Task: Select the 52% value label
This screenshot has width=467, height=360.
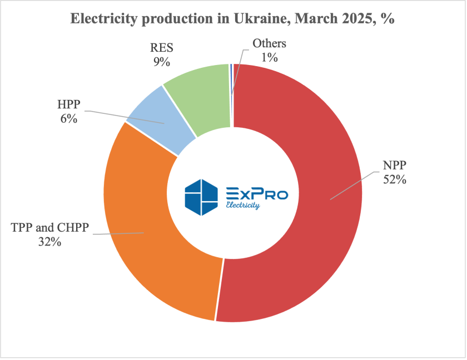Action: pos(395,179)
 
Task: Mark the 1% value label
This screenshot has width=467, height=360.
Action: pos(269,57)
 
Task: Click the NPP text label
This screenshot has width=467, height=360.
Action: pos(395,166)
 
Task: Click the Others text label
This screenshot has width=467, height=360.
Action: pos(269,43)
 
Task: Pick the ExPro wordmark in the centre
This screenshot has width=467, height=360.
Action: pos(257,193)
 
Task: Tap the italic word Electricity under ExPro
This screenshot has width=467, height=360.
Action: pos(243,206)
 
